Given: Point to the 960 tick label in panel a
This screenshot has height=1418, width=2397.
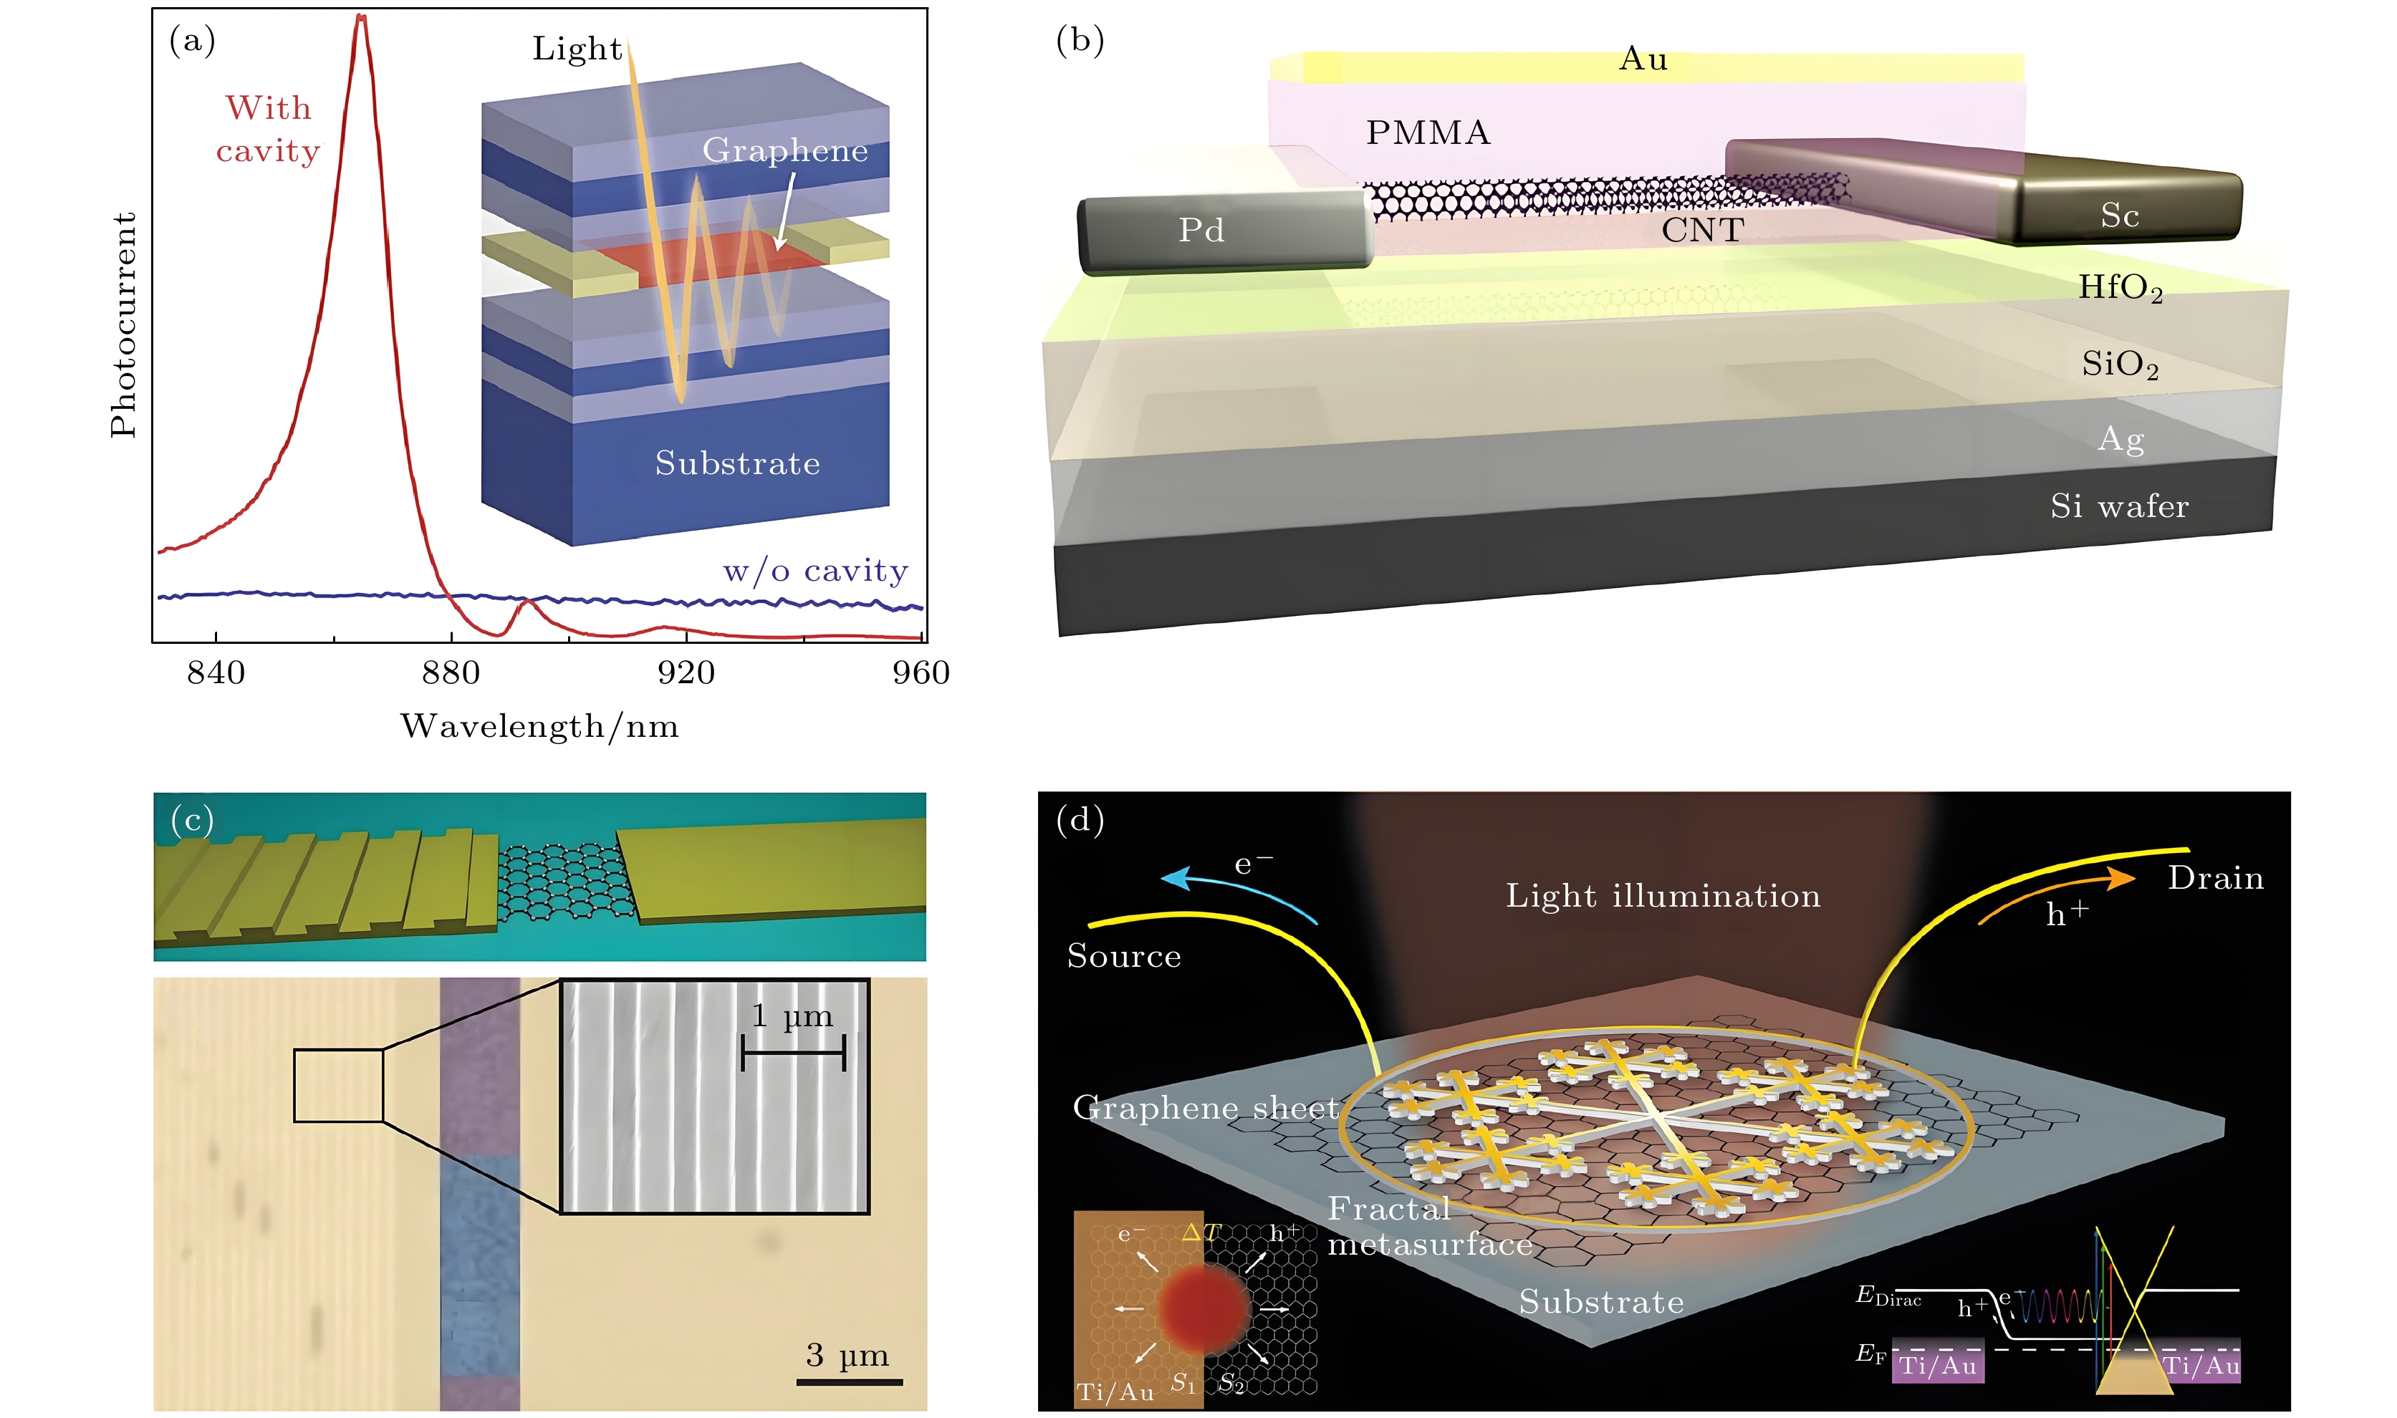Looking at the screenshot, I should [921, 674].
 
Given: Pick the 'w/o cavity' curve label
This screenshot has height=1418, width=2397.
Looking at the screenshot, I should [815, 571].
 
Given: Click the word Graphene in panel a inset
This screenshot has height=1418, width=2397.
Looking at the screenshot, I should [784, 151].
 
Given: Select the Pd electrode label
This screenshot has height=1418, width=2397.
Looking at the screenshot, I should [1201, 231].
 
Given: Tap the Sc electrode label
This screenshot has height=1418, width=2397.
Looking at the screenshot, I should [2119, 216].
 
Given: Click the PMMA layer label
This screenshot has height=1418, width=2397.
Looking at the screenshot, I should [1428, 132].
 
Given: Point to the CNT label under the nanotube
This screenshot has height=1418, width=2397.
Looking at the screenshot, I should [1702, 231].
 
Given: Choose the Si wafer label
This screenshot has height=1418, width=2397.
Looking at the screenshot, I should [2119, 506].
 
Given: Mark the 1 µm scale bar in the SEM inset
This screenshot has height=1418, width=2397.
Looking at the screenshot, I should [793, 1053].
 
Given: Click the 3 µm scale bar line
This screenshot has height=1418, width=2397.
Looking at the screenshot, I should [849, 1381].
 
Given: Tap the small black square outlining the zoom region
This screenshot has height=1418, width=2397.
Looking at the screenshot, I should [338, 1086].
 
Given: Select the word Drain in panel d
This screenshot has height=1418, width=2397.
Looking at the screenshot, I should [2216, 878].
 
